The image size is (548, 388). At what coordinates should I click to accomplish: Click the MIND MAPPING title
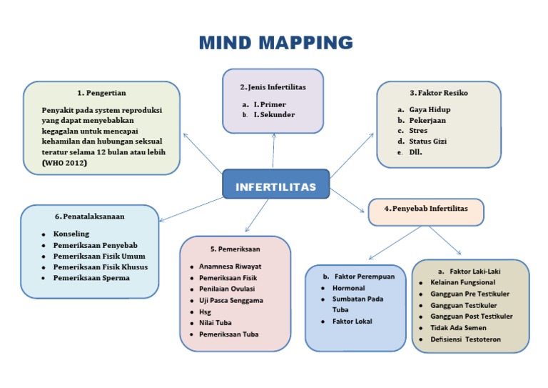click(275, 43)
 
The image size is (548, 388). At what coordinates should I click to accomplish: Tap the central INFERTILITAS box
click(275, 184)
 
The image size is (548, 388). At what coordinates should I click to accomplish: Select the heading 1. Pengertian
click(101, 93)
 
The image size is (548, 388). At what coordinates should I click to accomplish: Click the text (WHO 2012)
click(64, 163)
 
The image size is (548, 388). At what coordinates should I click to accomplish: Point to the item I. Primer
click(270, 104)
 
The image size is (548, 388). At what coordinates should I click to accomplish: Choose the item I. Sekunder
click(274, 114)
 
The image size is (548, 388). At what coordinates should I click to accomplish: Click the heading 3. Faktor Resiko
click(439, 93)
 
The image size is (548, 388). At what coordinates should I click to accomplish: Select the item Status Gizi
click(428, 141)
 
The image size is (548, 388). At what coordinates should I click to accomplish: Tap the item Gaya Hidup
click(430, 109)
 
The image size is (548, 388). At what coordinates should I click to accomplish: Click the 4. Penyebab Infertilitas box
click(426, 212)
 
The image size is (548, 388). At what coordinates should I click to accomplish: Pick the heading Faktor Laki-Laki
click(475, 271)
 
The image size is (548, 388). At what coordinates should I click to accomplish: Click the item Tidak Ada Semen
click(458, 328)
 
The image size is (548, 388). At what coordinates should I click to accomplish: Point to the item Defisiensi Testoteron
click(465, 339)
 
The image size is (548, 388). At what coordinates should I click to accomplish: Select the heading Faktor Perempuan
click(365, 277)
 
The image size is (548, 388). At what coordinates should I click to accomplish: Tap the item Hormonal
click(348, 288)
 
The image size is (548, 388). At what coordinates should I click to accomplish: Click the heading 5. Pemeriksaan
click(235, 249)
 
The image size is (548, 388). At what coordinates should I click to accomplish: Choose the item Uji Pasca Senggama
click(231, 301)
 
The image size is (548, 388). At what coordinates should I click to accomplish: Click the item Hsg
click(205, 312)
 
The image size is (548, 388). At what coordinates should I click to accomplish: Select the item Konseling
click(71, 234)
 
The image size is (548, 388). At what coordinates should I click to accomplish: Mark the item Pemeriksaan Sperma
click(91, 278)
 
